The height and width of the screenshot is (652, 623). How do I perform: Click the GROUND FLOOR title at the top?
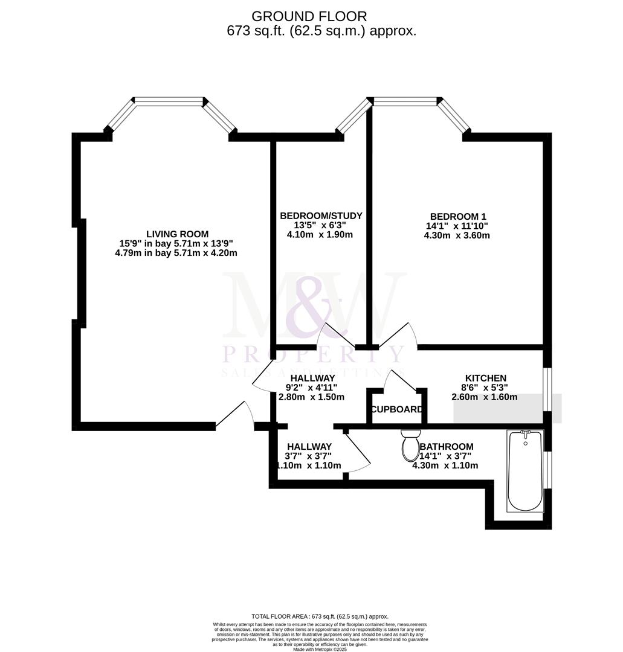tap(309, 16)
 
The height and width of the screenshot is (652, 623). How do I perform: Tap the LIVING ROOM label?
tap(177, 234)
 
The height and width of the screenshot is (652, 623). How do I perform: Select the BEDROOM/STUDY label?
tap(321, 216)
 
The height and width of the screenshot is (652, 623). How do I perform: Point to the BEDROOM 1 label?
tap(457, 217)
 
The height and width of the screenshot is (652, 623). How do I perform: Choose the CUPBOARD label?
tap(397, 409)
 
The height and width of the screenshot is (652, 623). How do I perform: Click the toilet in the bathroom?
tap(410, 444)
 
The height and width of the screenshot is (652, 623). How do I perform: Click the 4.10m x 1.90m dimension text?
tap(320, 235)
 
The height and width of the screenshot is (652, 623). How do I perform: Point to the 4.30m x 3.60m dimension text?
tap(457, 235)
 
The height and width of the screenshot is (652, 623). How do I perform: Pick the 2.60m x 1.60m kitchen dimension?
tap(485, 397)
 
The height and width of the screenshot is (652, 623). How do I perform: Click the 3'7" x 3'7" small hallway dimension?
tap(309, 456)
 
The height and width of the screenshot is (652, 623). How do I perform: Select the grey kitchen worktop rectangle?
tap(508, 409)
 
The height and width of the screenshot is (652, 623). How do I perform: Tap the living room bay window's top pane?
tap(169, 101)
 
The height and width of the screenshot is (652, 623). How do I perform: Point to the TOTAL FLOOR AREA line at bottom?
tap(311, 616)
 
